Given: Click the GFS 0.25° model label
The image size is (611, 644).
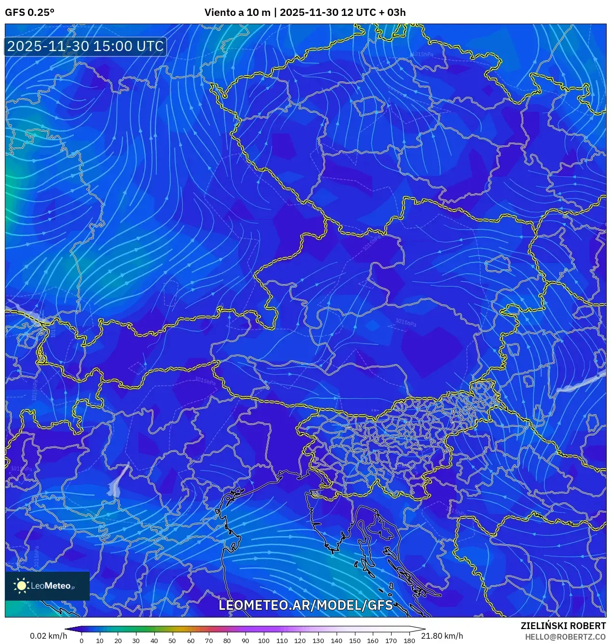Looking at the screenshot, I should [29, 13].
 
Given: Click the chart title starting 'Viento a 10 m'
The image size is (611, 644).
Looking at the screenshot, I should [305, 13].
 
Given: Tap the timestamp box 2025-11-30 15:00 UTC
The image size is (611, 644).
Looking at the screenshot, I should [85, 46].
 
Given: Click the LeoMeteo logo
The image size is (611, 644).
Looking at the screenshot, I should [47, 586].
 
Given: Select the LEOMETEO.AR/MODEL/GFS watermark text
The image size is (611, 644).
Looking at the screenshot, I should [306, 605].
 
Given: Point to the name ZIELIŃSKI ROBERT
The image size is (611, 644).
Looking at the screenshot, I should [563, 626].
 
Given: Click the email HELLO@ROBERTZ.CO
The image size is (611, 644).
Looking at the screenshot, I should [565, 636].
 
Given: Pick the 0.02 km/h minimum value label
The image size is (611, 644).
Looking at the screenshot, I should [48, 636].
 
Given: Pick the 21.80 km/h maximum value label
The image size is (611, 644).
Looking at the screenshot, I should [442, 636].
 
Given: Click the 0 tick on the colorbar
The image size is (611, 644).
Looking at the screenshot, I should [81, 641].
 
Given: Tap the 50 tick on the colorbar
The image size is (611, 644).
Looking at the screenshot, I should [172, 641].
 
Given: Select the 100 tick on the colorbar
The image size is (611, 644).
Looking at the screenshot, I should [263, 641].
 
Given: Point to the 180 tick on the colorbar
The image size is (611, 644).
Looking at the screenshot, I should [409, 641].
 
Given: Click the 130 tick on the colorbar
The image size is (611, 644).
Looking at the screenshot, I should [318, 641].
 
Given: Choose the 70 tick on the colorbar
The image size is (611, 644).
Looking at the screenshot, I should [209, 641].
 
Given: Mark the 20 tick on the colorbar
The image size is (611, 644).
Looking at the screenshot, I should [118, 641].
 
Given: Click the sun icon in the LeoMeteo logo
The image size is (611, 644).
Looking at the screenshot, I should [22, 586].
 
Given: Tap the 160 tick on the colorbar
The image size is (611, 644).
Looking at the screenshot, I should [372, 641].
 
